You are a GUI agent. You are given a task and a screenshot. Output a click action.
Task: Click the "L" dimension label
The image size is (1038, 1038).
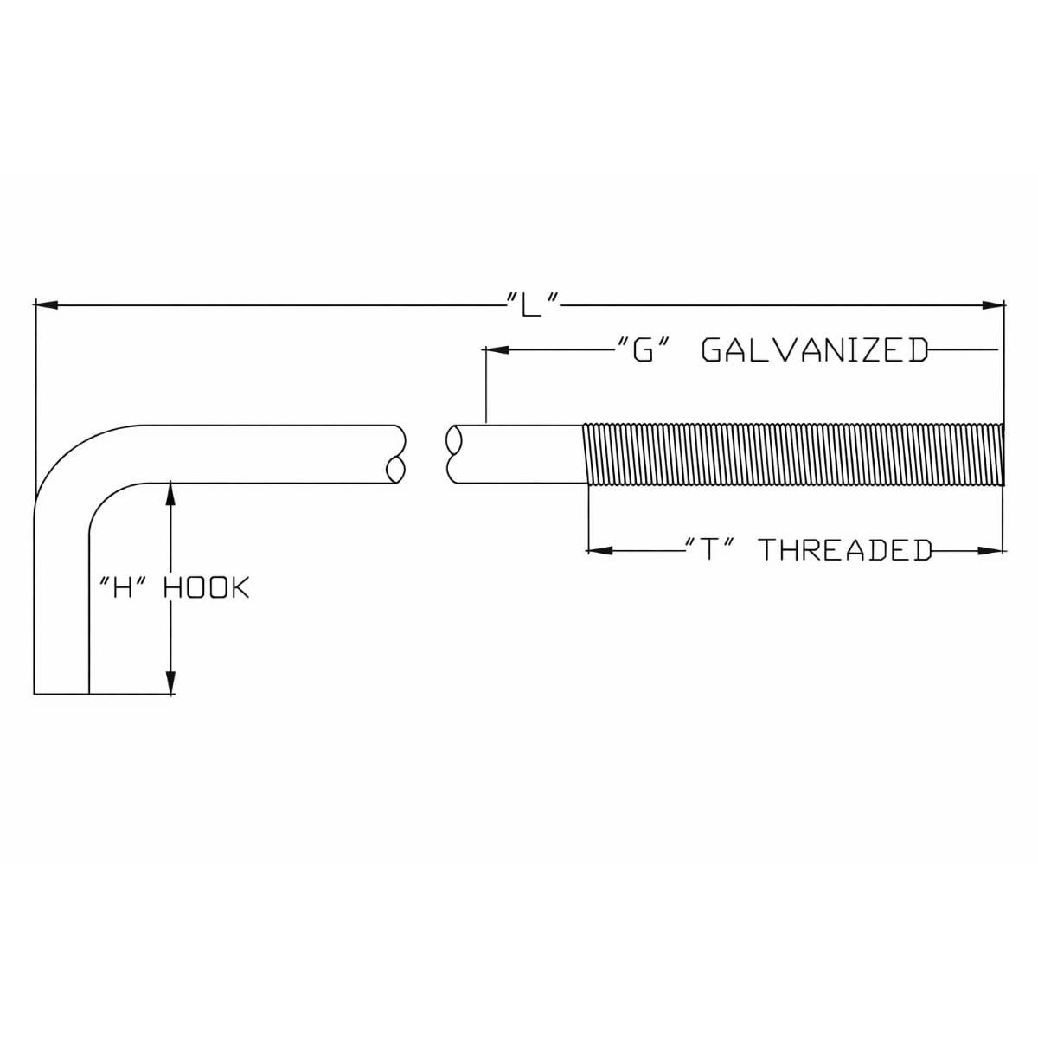pos(530,304)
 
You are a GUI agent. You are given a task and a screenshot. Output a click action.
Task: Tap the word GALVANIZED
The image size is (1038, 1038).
pos(815,349)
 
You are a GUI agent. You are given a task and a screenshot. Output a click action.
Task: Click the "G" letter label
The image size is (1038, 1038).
pos(644,349)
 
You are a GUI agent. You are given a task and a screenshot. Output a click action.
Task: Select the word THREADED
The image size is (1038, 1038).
pos(845,550)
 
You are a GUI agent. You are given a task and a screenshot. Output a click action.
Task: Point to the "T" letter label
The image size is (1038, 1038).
pos(710,550)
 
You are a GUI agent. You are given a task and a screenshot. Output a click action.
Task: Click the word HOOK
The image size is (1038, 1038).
pos(207,587)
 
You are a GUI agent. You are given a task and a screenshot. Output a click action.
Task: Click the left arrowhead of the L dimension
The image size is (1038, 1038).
pos(47,305)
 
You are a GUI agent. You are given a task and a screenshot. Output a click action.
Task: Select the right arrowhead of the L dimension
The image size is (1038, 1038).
pos(993,305)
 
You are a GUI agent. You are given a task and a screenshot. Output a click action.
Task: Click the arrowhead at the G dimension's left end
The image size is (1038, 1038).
pos(497,350)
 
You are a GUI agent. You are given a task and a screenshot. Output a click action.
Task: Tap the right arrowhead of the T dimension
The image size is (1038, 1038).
pos(990,550)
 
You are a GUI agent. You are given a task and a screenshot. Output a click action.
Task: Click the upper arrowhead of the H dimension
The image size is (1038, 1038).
pos(170,493)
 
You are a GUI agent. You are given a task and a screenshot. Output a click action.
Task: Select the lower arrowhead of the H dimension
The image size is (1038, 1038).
pos(170,682)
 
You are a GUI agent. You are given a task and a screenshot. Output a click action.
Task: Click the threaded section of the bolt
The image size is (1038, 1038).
pos(794,455)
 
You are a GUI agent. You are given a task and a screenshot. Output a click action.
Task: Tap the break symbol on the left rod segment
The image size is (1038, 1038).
pos(396,454)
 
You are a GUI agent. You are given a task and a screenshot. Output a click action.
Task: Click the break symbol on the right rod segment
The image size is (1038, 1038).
pos(454,454)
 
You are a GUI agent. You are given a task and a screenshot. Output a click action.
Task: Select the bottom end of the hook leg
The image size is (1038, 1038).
pos(61,693)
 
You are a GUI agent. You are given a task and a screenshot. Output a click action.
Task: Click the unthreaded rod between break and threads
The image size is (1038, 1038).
pos(520,454)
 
